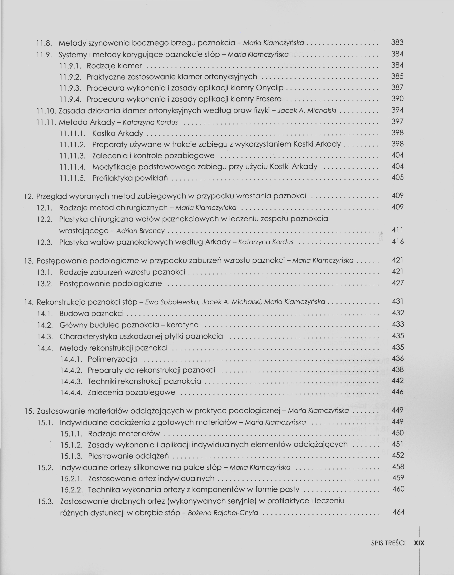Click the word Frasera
click(x=268, y=99)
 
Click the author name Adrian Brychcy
click(x=140, y=231)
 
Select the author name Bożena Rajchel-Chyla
click(x=223, y=513)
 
